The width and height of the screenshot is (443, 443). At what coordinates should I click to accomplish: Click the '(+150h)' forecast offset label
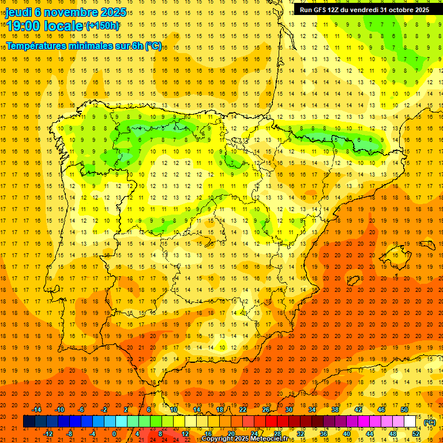(x=103, y=26)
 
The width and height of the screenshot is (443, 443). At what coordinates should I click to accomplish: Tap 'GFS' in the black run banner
(x=322, y=10)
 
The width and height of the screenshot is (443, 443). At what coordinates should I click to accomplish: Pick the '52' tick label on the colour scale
(x=416, y=434)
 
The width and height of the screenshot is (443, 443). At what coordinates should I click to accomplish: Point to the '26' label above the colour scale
(x=266, y=410)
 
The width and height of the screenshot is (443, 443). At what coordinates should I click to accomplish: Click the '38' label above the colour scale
(x=335, y=410)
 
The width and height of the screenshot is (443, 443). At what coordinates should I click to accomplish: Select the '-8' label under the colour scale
(x=69, y=434)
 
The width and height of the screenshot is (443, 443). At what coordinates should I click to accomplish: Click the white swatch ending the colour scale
(x=410, y=422)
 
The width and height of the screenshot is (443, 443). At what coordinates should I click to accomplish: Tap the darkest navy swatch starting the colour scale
(x=29, y=422)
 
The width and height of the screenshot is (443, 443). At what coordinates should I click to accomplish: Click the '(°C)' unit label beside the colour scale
(x=429, y=422)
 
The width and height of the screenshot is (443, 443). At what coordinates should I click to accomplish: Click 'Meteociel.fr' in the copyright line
(x=271, y=439)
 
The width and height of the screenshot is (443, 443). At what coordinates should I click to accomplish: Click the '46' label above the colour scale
(x=381, y=410)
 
